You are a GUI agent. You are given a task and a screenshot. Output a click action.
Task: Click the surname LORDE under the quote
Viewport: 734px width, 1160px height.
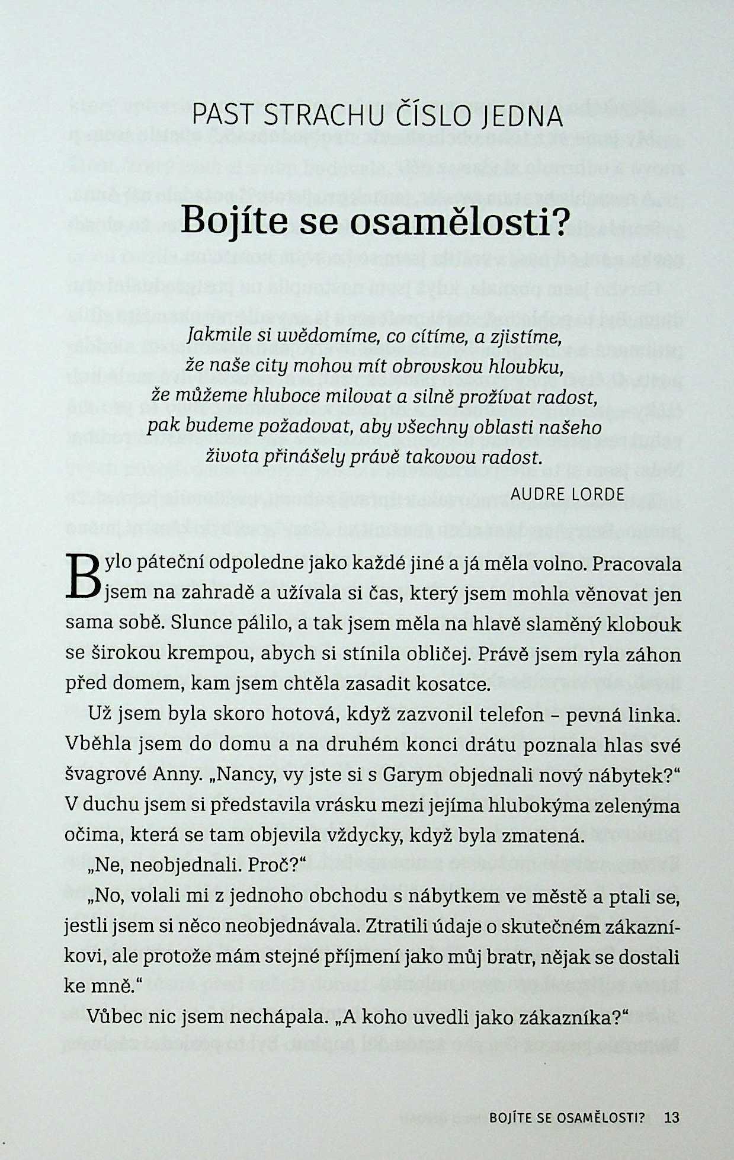click(598, 494)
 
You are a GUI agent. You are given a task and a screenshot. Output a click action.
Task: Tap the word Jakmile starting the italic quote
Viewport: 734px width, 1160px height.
click(211, 338)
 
